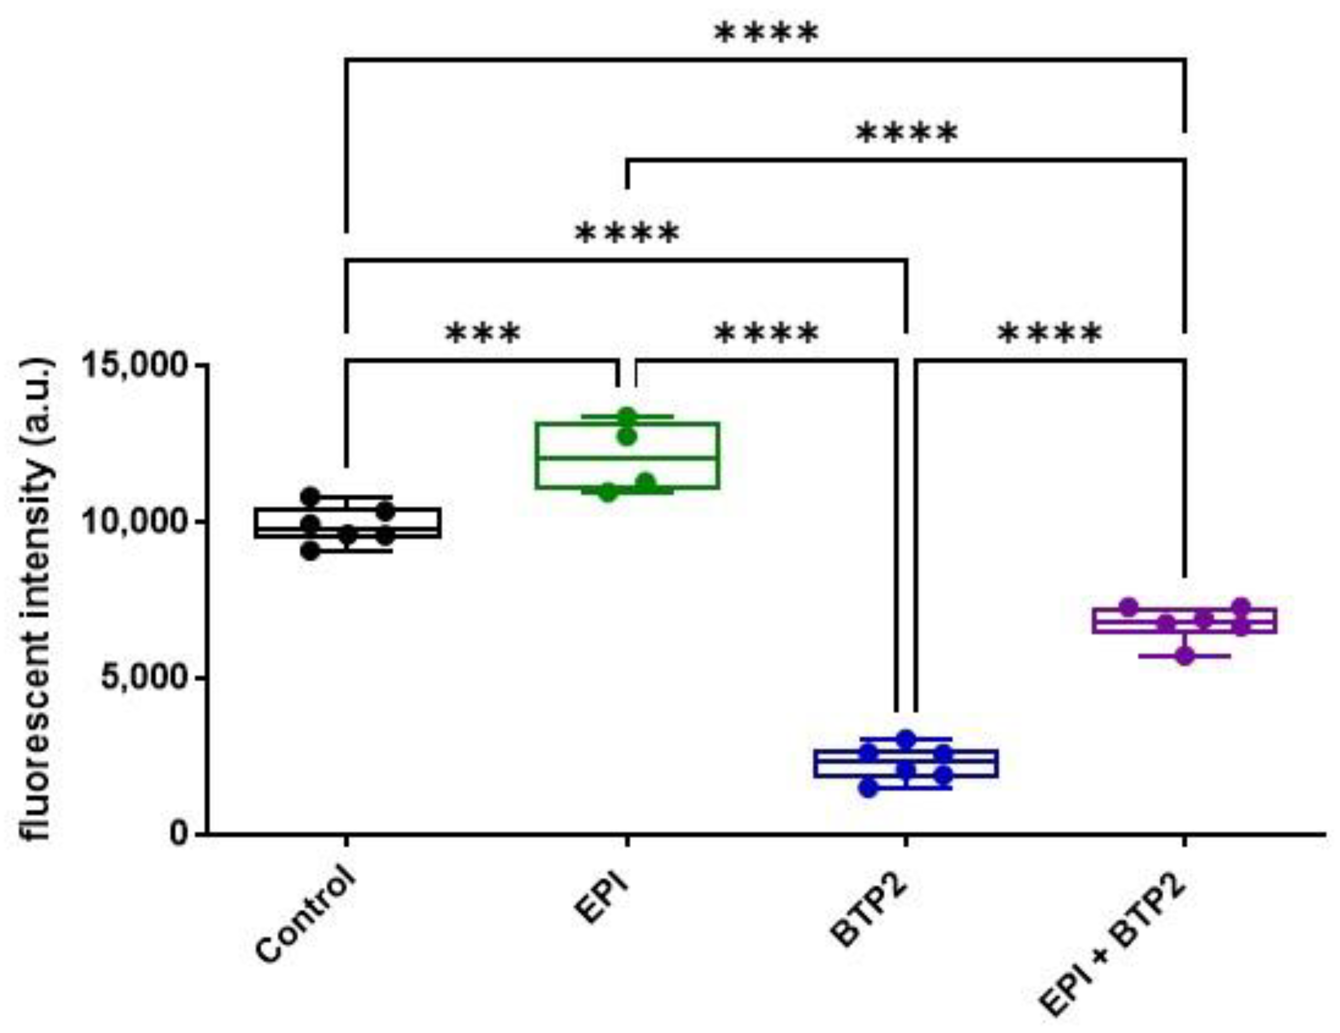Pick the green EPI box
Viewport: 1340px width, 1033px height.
(x=627, y=455)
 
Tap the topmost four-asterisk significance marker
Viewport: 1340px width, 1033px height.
(x=767, y=34)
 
